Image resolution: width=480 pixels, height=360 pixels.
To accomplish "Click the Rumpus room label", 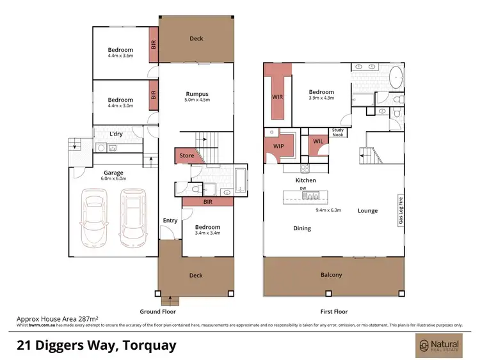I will pyautogui.click(x=197, y=93).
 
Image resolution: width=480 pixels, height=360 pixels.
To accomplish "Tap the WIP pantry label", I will pyautogui.click(x=278, y=146).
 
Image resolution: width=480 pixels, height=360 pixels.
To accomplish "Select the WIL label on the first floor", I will pyautogui.click(x=318, y=141).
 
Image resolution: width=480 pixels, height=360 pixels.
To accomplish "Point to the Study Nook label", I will pyautogui.click(x=338, y=132).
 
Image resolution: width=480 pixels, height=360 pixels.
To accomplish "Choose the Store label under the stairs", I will pyautogui.click(x=186, y=155).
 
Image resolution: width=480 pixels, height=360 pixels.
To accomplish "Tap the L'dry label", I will pyautogui.click(x=116, y=134).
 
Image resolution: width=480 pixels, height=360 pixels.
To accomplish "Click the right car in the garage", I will pyautogui.click(x=132, y=219).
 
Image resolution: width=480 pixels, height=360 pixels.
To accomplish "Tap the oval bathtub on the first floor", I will pyautogui.click(x=397, y=78).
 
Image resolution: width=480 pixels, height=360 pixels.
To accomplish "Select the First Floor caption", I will pyautogui.click(x=333, y=311).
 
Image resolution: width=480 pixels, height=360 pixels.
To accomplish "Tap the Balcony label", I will pyautogui.click(x=332, y=275).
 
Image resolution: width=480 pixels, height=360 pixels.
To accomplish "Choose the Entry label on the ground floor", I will pyautogui.click(x=170, y=221).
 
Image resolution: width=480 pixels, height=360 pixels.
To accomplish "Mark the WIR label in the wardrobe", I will pyautogui.click(x=277, y=97).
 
